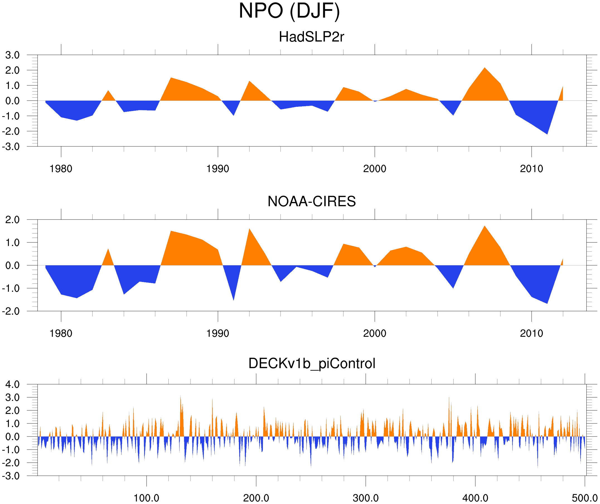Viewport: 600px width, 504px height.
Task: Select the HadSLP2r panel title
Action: [x=311, y=37]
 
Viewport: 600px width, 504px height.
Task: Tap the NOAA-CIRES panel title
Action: [x=311, y=202]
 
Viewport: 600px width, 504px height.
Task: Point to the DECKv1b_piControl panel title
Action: [x=312, y=364]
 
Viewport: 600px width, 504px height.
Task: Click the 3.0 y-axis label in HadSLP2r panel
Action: [x=12, y=55]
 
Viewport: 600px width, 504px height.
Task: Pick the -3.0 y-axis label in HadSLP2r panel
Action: [x=11, y=147]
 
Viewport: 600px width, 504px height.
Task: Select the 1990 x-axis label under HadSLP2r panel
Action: [x=218, y=169]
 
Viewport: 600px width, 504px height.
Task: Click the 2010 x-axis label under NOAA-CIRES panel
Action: [x=531, y=333]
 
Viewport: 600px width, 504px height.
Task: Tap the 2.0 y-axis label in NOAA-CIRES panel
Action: [x=12, y=220]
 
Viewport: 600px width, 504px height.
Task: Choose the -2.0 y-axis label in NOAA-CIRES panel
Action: [x=11, y=311]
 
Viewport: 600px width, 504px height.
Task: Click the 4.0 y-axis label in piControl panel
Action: [x=12, y=385]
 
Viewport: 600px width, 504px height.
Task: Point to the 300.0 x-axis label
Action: [x=366, y=498]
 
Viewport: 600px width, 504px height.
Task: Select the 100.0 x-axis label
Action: [x=146, y=498]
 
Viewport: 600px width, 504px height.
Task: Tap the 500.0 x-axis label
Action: [x=585, y=498]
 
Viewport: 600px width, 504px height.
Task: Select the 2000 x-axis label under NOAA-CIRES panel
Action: [x=374, y=333]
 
